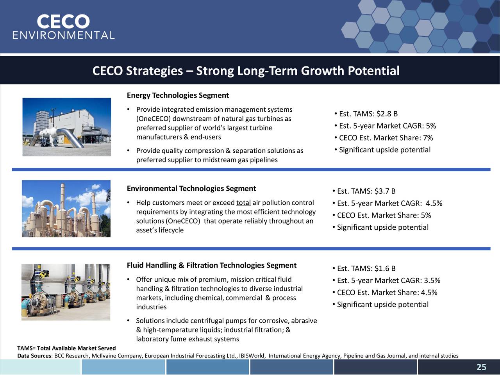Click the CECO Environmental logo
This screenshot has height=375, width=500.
[x=63, y=27]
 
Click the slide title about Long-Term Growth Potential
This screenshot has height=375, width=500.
[x=246, y=71]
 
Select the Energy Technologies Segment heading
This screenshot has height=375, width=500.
[x=178, y=96]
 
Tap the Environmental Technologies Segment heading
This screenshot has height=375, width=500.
[x=191, y=189]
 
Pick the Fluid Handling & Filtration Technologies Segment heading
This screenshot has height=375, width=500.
[x=211, y=266]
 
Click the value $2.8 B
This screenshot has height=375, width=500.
[x=387, y=114]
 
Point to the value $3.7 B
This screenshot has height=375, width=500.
[x=385, y=191]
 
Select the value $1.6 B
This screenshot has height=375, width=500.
[x=385, y=268]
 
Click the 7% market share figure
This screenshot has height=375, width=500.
[x=428, y=138]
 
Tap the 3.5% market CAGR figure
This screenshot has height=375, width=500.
[x=432, y=280]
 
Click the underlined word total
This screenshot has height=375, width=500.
[x=243, y=203]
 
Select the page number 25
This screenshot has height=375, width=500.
[x=481, y=367]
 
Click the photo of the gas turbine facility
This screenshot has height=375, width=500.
[x=66, y=127]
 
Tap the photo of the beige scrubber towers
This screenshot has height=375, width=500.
[x=66, y=209]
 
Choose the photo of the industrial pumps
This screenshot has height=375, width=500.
[x=66, y=292]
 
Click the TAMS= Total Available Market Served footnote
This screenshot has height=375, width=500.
[x=66, y=348]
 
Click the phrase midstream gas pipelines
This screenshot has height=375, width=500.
[x=240, y=160]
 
